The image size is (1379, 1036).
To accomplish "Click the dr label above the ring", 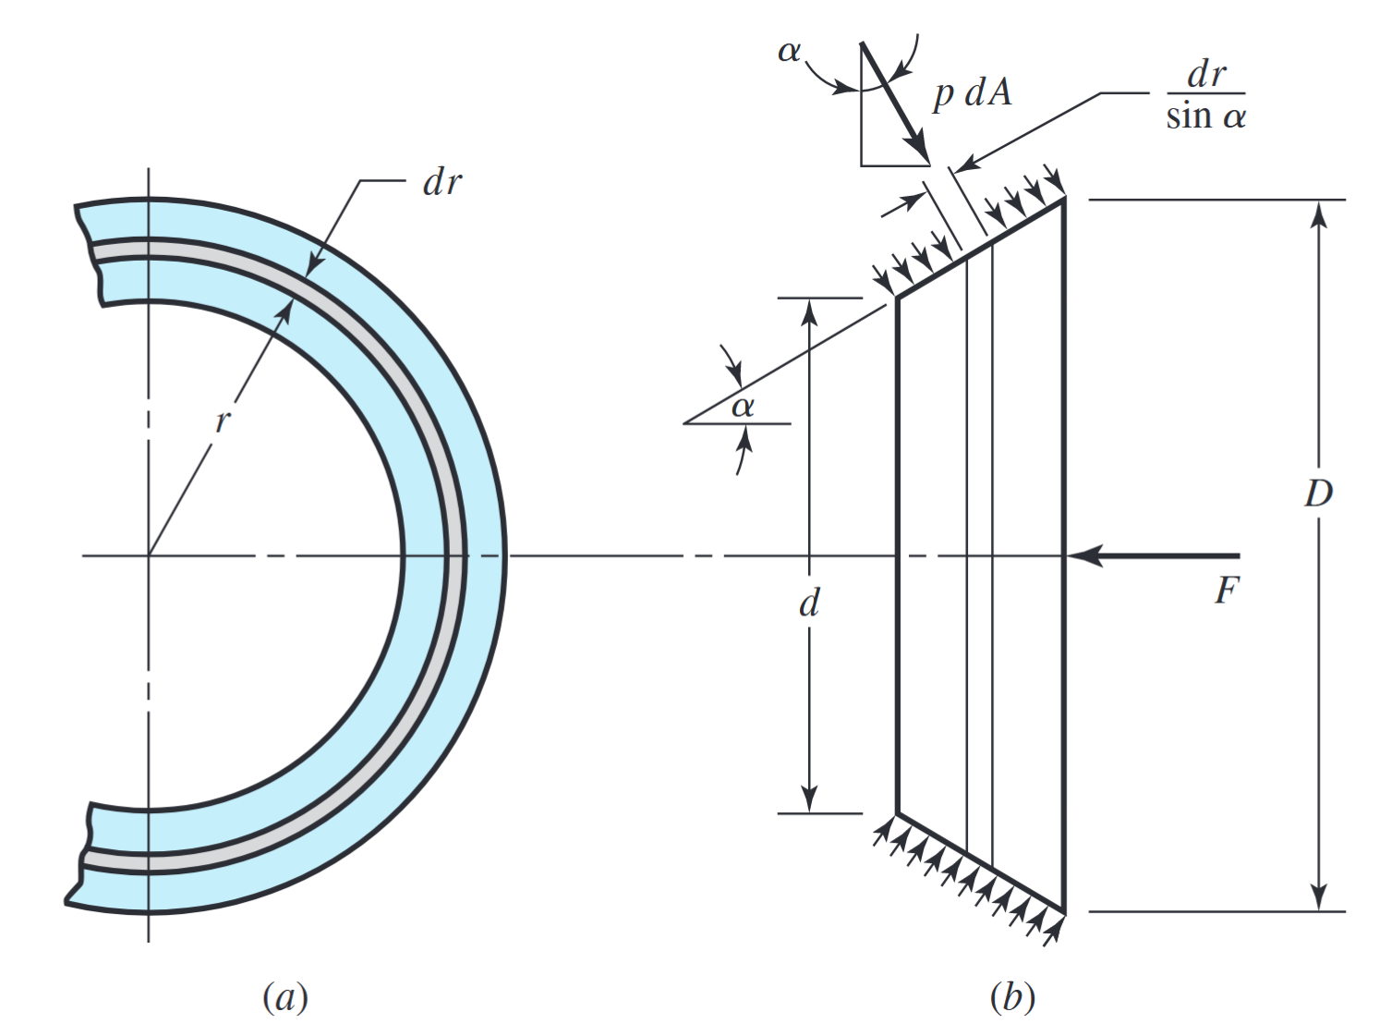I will (x=442, y=183).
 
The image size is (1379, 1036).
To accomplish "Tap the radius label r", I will (x=222, y=421).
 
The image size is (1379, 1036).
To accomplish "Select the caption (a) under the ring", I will (x=284, y=997).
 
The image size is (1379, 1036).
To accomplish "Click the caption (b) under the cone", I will (x=1011, y=997).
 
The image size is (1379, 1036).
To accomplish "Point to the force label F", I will (x=1226, y=590).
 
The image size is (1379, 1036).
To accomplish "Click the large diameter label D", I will (x=1318, y=494).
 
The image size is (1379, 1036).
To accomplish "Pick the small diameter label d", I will (x=809, y=603).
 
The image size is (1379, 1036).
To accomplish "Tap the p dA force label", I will (x=972, y=93).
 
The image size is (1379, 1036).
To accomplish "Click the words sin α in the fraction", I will (x=1205, y=117).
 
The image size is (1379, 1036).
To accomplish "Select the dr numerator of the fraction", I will (x=1206, y=74).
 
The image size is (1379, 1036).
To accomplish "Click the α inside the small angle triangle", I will (x=743, y=406).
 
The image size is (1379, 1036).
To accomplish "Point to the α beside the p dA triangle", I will (x=789, y=51).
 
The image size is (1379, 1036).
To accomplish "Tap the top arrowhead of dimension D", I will (x=1319, y=212).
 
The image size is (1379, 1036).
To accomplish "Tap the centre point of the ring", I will (x=149, y=555).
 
